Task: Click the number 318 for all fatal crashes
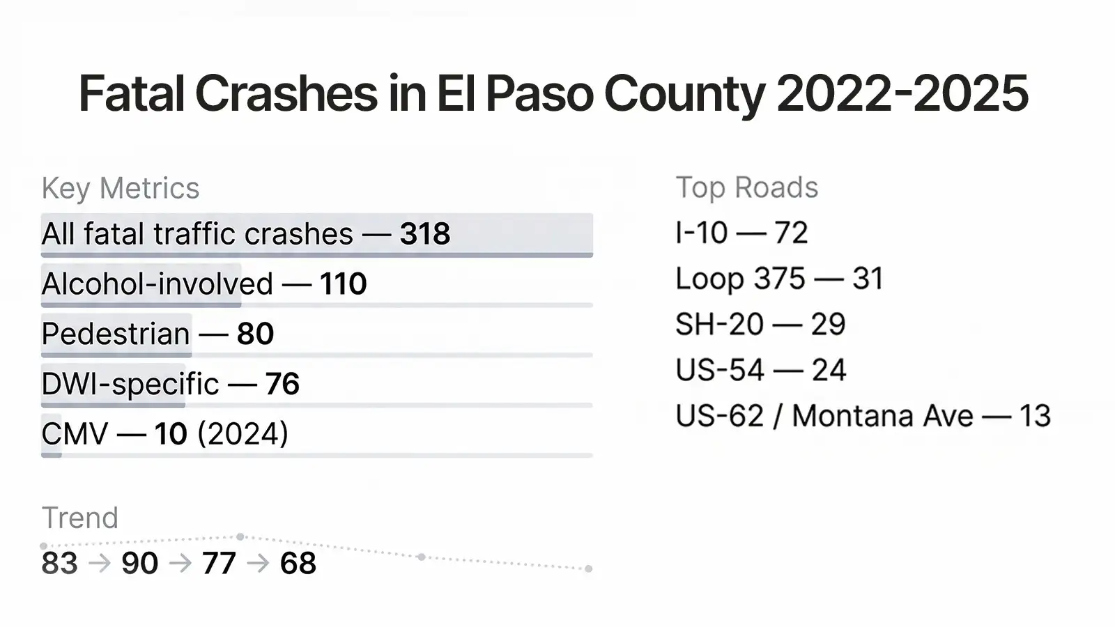click(x=424, y=234)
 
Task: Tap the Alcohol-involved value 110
click(x=343, y=284)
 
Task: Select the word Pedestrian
click(x=116, y=334)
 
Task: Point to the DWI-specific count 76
click(x=282, y=384)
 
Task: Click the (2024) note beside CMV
click(x=243, y=434)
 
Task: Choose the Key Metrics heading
click(x=121, y=188)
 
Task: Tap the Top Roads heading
click(x=747, y=187)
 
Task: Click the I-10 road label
click(x=702, y=233)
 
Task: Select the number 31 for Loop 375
click(x=868, y=279)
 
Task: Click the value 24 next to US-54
click(x=829, y=370)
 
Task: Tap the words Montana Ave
click(x=882, y=416)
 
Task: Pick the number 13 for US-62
click(x=1035, y=416)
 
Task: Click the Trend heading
click(x=80, y=518)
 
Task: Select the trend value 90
click(x=139, y=564)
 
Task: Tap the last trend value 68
click(x=298, y=564)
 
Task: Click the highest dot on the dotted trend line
click(x=240, y=536)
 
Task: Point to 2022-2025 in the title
click(x=902, y=93)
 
